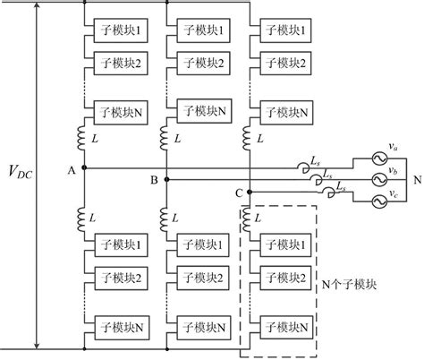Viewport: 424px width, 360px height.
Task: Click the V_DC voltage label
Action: pos(17,172)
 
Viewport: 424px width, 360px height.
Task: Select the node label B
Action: pos(154,180)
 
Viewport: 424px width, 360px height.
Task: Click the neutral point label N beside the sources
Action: pos(416,179)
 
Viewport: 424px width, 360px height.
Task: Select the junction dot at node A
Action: pos(82,168)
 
